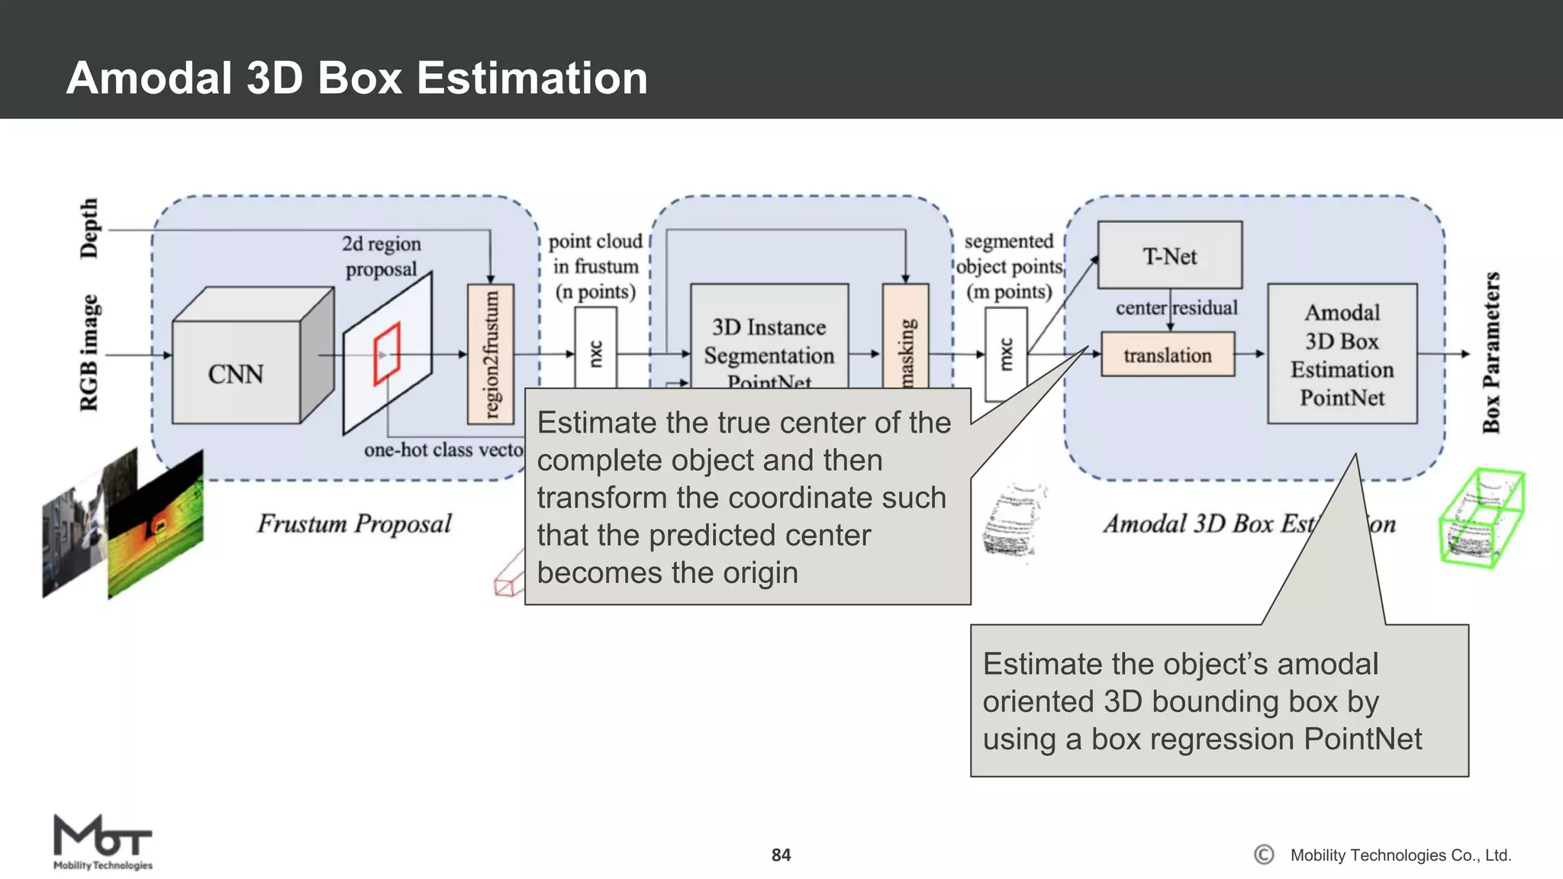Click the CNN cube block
click(237, 372)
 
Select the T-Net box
click(1169, 256)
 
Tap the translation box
click(1168, 355)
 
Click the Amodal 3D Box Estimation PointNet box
click(1342, 354)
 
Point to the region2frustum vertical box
click(491, 354)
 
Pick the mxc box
click(1006, 354)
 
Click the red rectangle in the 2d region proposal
click(387, 354)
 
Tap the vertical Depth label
click(89, 228)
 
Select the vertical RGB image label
click(89, 353)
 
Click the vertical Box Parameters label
click(1491, 353)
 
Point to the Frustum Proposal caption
click(354, 523)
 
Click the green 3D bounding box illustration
click(1481, 519)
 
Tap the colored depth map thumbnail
click(156, 524)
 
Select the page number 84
click(781, 855)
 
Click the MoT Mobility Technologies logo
click(102, 842)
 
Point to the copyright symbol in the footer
click(1264, 855)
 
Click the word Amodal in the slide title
click(149, 78)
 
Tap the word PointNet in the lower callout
click(1362, 739)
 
